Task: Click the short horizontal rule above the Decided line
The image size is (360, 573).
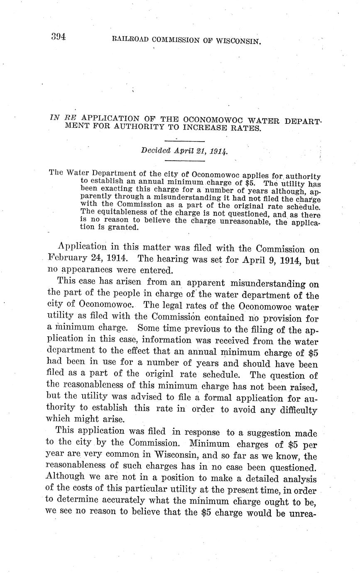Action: [x=185, y=141]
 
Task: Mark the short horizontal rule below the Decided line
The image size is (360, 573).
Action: [x=185, y=160]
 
